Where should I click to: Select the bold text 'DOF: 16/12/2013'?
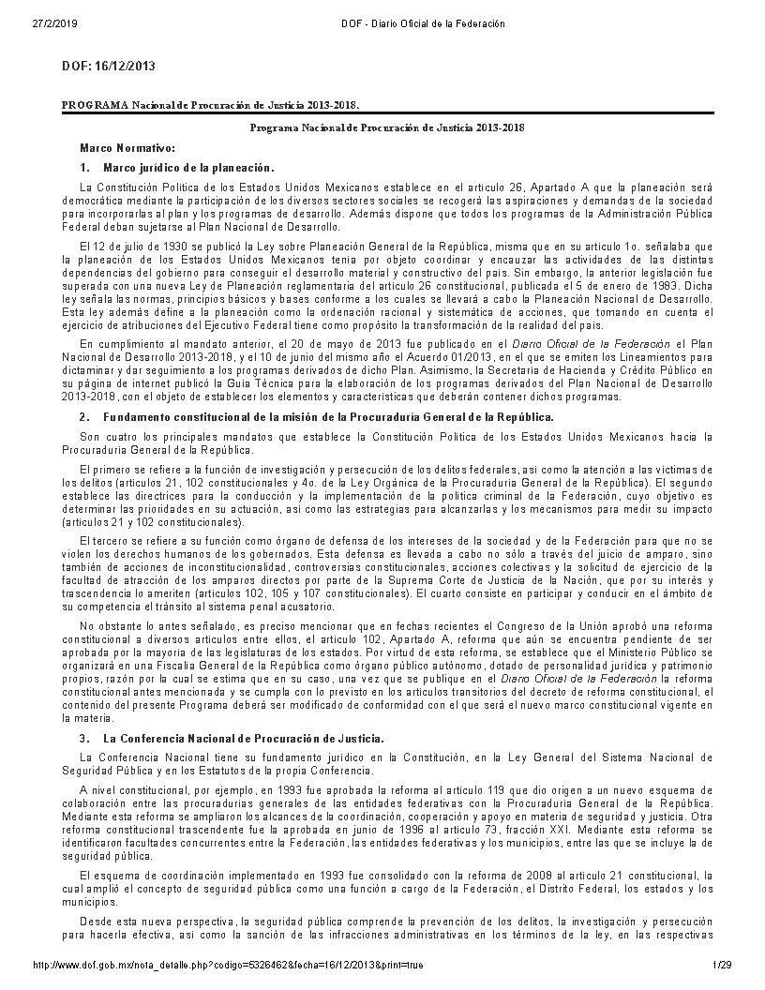[108, 67]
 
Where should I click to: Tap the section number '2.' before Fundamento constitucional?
[84, 416]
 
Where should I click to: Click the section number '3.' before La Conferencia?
[84, 739]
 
